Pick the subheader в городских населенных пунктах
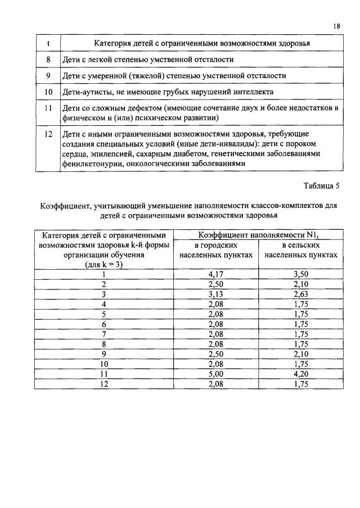pos(215,251)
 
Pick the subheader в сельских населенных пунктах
pos(300,251)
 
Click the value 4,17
pos(215,274)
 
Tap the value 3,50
pos(301,274)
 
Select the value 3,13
pos(215,294)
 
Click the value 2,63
pos(301,294)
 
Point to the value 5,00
pos(215,374)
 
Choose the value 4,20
pos(301,374)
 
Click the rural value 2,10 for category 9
pos(301,354)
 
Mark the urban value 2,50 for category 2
pos(215,284)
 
